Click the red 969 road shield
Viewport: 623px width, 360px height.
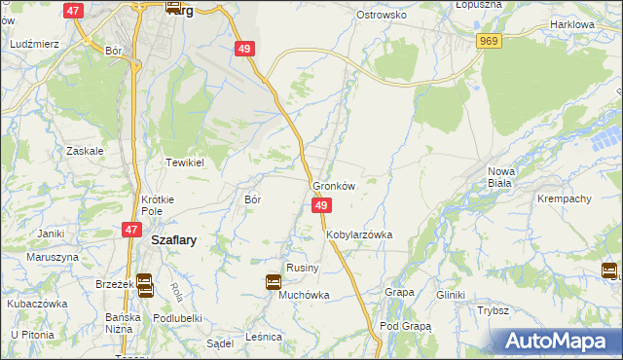click(x=489, y=40)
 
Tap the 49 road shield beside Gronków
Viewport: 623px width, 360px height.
click(x=322, y=205)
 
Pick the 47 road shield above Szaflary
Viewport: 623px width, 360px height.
click(x=131, y=229)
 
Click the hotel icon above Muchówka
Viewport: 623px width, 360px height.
click(x=274, y=282)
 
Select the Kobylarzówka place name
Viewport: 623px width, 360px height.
click(x=358, y=235)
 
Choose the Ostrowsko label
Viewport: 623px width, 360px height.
click(x=381, y=16)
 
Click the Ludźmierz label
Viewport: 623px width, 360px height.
click(x=34, y=45)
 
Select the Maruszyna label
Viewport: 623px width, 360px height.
click(x=52, y=257)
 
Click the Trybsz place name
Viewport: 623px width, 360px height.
click(x=494, y=310)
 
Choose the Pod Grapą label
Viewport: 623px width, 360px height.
click(x=405, y=326)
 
